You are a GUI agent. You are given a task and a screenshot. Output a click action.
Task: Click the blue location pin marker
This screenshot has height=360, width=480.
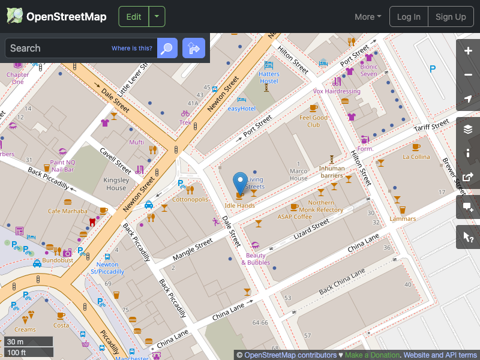[240, 181]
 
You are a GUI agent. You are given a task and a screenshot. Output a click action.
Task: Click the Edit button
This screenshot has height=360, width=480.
[134, 17]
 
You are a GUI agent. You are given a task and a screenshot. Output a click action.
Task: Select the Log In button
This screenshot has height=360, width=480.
[409, 17]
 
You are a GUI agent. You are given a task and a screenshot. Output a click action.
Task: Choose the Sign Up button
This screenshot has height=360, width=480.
[451, 17]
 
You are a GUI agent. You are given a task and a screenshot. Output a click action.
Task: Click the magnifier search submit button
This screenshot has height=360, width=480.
[167, 48]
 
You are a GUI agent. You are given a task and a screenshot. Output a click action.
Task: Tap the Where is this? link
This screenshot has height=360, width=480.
[132, 49]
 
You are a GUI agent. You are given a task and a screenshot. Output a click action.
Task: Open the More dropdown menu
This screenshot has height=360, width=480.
[368, 17]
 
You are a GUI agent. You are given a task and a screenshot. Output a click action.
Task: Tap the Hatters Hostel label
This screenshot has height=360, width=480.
[269, 77]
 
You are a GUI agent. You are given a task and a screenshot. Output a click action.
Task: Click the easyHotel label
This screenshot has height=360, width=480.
[241, 109]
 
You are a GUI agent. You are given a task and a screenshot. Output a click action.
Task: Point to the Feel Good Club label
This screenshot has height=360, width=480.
[314, 121]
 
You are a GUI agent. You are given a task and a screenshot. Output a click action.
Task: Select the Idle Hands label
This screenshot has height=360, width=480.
[239, 205]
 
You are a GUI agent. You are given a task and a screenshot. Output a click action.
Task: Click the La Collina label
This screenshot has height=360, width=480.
[416, 157]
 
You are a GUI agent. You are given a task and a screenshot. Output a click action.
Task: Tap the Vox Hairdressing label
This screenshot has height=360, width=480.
[337, 91]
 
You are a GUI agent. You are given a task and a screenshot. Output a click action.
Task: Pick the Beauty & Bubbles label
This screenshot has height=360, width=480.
[256, 259]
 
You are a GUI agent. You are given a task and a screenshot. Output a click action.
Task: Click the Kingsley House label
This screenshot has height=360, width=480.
[116, 184]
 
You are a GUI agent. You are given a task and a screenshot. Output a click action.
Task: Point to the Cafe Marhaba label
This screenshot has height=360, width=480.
[68, 211]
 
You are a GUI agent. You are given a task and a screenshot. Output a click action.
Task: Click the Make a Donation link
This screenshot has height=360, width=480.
[372, 355]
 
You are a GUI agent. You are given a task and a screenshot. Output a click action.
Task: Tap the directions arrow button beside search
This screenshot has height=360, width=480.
[194, 48]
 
